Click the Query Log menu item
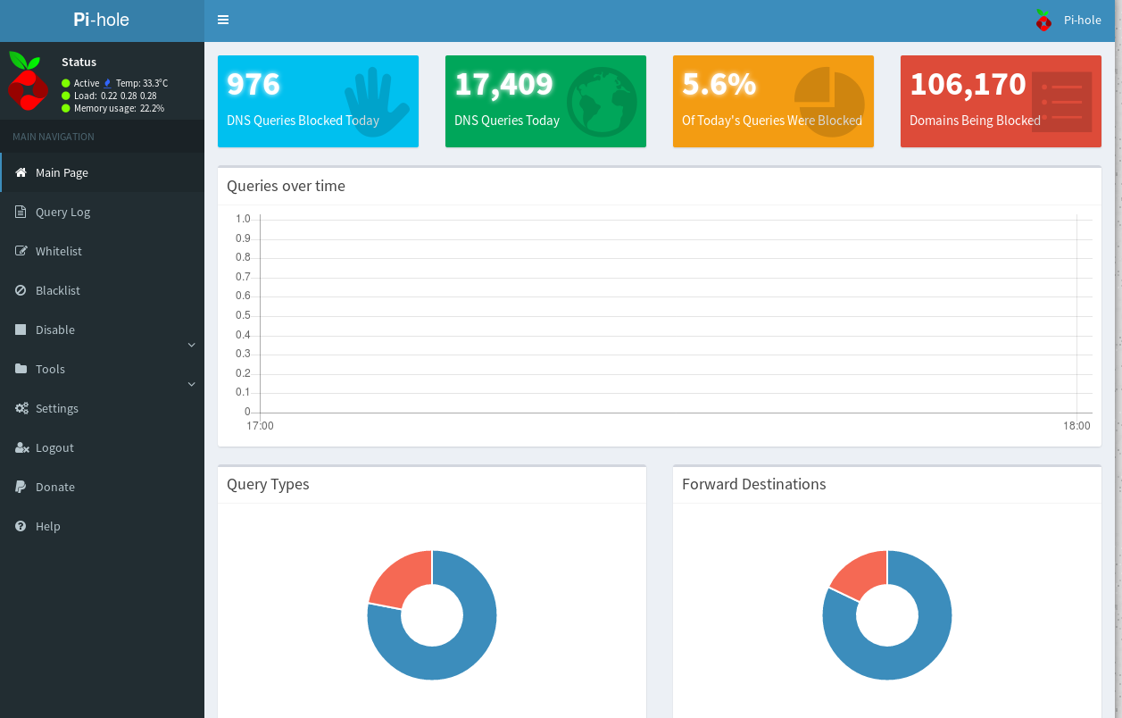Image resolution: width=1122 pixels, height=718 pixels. (62, 212)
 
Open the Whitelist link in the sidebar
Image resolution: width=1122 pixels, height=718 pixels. (58, 251)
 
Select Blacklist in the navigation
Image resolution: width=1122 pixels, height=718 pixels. (57, 290)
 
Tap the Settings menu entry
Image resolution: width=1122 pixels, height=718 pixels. (56, 408)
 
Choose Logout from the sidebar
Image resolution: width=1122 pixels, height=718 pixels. (54, 447)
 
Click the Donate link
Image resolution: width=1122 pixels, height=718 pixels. (54, 487)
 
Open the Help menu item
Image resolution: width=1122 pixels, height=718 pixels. (47, 526)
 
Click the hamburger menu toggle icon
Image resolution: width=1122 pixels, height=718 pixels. (223, 20)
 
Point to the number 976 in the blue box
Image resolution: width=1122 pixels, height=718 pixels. (253, 84)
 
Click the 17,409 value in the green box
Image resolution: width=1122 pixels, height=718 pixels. (503, 84)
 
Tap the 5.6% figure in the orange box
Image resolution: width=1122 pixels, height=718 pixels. (719, 84)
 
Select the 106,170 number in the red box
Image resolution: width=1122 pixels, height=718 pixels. (968, 84)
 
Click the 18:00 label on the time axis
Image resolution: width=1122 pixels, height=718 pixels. (1076, 426)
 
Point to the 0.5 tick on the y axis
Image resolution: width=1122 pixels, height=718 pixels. (243, 315)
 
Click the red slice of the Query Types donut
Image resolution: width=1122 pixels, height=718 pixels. (398, 578)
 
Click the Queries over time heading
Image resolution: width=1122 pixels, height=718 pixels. (286, 186)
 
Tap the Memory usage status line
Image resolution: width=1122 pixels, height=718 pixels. (112, 108)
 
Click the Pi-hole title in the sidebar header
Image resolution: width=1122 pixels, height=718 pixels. (102, 20)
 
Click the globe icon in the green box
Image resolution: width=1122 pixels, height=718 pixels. (601, 102)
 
